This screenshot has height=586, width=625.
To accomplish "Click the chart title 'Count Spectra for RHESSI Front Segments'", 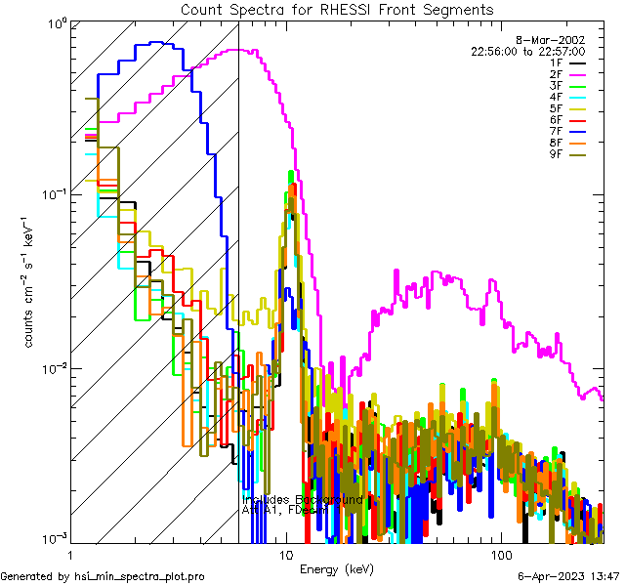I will pos(337,9).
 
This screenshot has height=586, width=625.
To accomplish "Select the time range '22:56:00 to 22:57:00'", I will pos(527,51).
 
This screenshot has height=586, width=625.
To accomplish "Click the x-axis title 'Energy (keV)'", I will pos(336,568).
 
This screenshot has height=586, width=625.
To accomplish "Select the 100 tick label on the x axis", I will pos(500,555).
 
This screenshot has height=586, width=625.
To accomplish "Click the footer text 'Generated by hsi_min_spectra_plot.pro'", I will pos(103,577).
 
